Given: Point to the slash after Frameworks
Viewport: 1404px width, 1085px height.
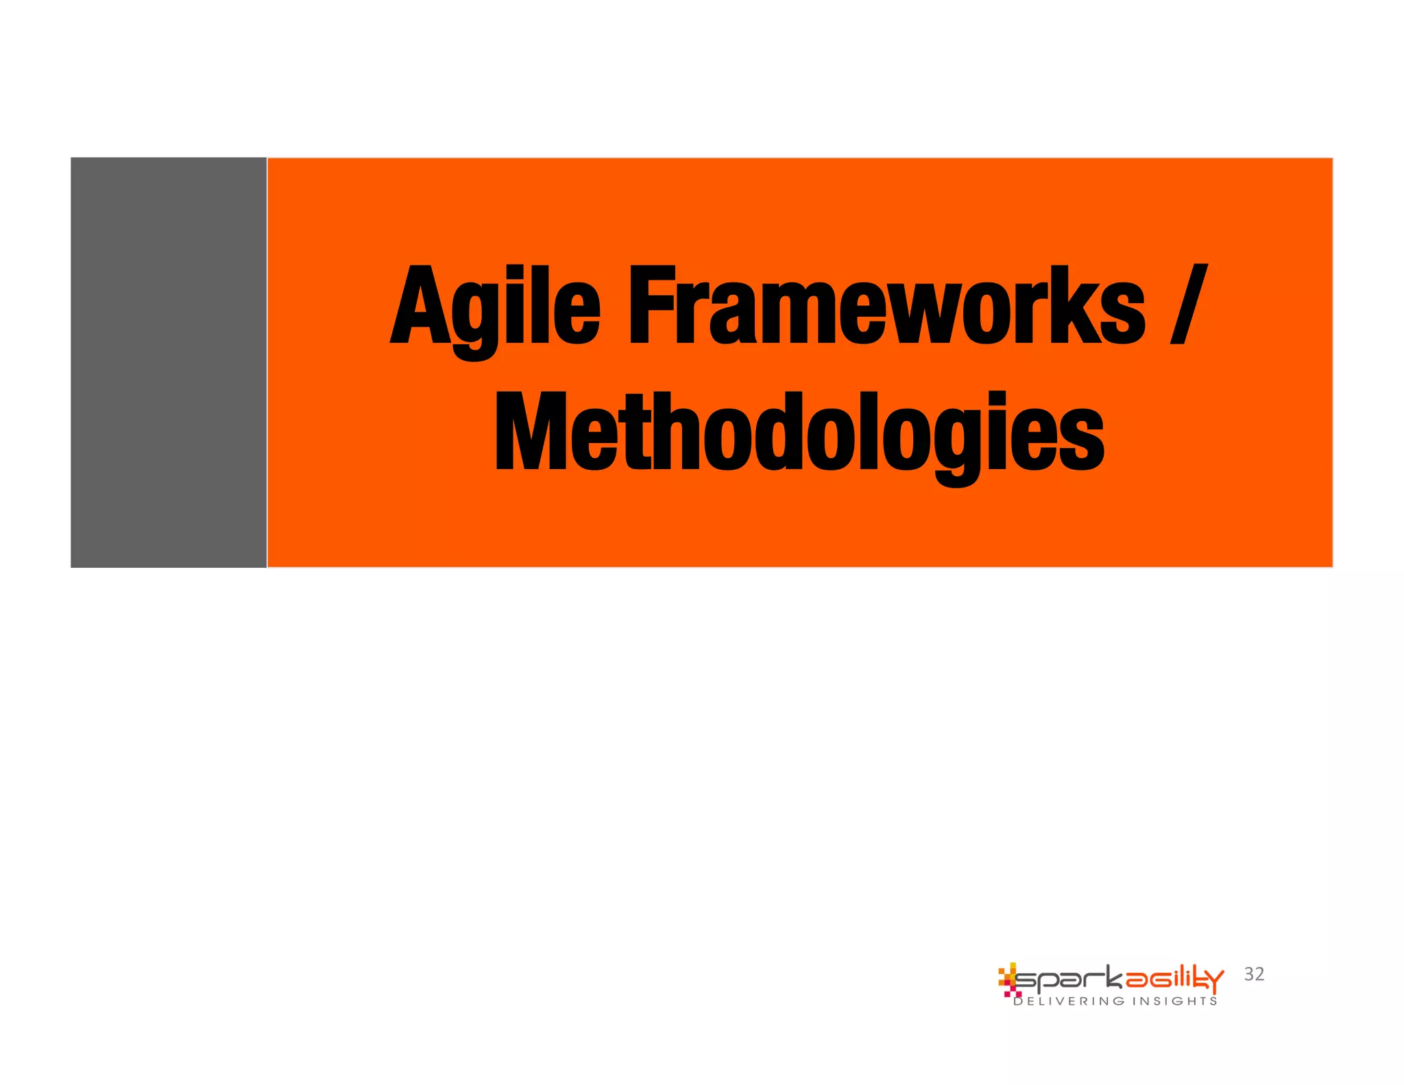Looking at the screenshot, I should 1188,305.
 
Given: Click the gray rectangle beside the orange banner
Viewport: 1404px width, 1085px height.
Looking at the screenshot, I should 169,362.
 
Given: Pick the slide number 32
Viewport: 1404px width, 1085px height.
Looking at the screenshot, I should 1254,974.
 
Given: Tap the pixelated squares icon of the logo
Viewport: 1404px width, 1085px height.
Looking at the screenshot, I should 1008,979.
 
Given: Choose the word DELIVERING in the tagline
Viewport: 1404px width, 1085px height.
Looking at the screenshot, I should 1069,1001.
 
